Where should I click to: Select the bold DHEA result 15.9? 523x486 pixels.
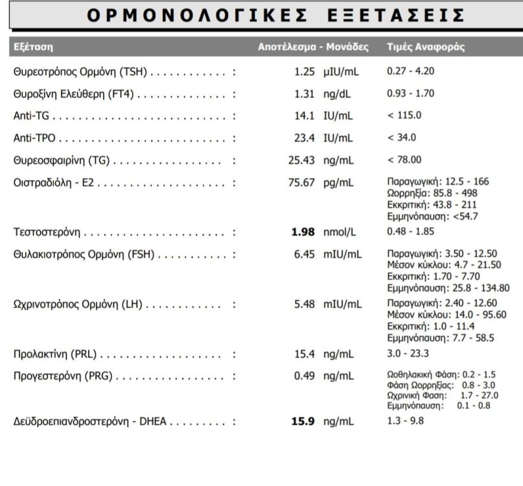[303, 422]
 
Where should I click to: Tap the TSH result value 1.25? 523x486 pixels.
[304, 71]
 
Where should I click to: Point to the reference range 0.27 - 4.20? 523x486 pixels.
[410, 71]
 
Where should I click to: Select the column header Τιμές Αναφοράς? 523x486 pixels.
[425, 47]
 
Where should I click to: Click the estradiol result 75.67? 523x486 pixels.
[301, 182]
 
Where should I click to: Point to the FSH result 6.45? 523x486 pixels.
[304, 255]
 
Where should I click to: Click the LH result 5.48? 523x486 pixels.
[304, 304]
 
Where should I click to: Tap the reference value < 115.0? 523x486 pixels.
[404, 115]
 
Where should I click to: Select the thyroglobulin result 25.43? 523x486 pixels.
[301, 160]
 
